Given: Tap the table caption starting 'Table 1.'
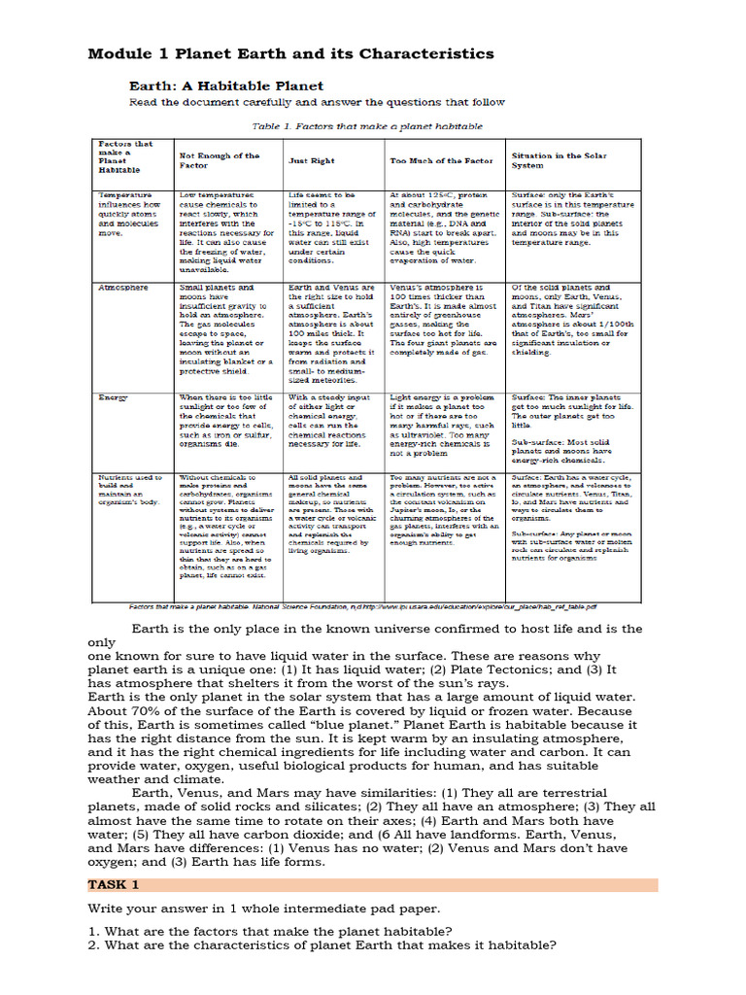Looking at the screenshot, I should click(367, 126).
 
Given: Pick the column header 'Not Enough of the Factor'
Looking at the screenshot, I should click(220, 160).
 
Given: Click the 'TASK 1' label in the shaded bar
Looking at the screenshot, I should click(115, 885).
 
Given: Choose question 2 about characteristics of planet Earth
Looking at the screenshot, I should click(322, 945).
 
